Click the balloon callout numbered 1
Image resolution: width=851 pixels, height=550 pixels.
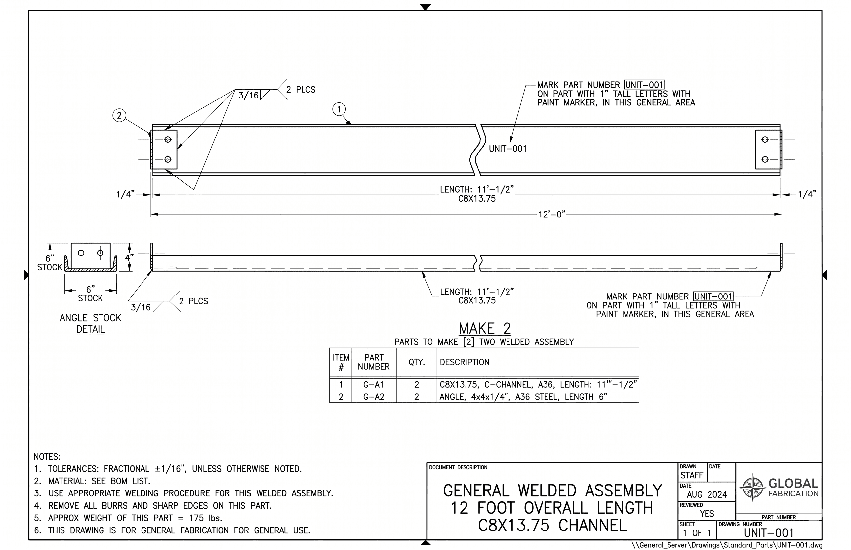[x=339, y=109]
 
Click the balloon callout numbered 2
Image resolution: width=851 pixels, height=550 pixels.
[x=119, y=115]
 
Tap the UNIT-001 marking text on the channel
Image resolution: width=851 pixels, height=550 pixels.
[x=508, y=149]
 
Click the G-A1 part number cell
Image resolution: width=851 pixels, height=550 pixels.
[x=373, y=385]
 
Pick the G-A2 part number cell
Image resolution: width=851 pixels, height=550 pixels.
[x=373, y=397]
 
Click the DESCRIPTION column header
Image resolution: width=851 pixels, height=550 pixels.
[x=465, y=362]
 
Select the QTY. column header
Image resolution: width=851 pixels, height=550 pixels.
[x=417, y=362]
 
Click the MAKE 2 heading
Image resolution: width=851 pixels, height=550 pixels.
[x=485, y=328]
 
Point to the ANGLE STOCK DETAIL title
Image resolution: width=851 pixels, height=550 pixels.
[x=90, y=323]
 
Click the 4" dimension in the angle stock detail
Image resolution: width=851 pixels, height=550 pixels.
[x=129, y=257]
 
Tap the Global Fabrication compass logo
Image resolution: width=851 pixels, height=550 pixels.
[x=752, y=488]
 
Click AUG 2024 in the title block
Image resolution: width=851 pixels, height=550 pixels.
[x=707, y=495]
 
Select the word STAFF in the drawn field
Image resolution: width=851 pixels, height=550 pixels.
[x=692, y=475]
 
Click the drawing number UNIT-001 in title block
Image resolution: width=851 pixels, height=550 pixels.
[x=768, y=533]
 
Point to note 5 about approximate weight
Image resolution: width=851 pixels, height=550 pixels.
[x=135, y=518]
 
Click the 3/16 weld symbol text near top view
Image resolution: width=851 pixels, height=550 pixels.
[x=248, y=95]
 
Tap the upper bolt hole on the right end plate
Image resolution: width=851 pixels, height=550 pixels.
[x=765, y=139]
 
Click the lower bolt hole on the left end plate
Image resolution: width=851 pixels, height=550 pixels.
[x=168, y=159]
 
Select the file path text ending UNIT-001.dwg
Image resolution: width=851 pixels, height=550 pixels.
[x=727, y=545]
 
